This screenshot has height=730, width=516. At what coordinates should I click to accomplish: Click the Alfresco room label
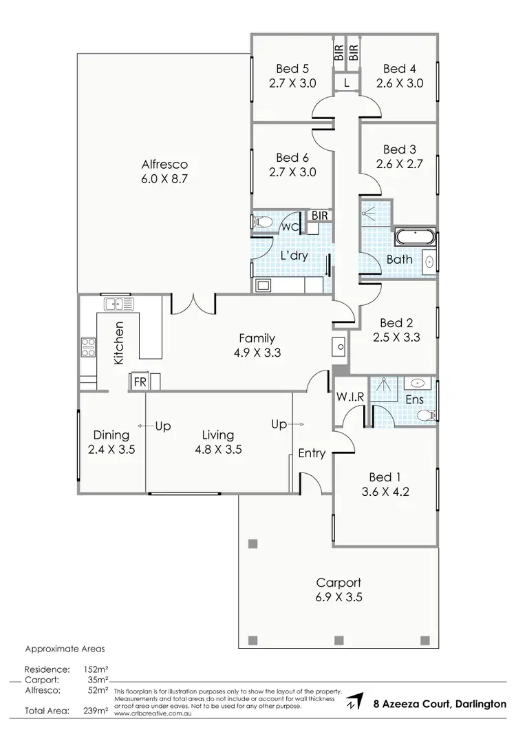click(164, 165)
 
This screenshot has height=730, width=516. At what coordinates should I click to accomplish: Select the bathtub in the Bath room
click(415, 238)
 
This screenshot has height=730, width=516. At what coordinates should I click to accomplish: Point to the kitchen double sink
click(118, 303)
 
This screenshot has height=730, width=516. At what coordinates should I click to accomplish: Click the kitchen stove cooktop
click(88, 346)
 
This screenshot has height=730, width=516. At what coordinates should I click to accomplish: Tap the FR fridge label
click(139, 382)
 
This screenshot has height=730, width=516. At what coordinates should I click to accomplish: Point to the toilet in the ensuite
click(427, 415)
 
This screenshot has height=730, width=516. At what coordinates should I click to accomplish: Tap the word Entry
click(312, 452)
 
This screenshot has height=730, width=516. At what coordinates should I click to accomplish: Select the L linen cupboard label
click(347, 83)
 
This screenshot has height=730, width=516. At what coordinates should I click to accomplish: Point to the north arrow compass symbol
click(355, 702)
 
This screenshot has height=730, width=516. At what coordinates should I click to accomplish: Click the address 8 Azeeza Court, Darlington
click(439, 704)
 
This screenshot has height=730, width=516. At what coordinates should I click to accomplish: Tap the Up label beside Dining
click(162, 426)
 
